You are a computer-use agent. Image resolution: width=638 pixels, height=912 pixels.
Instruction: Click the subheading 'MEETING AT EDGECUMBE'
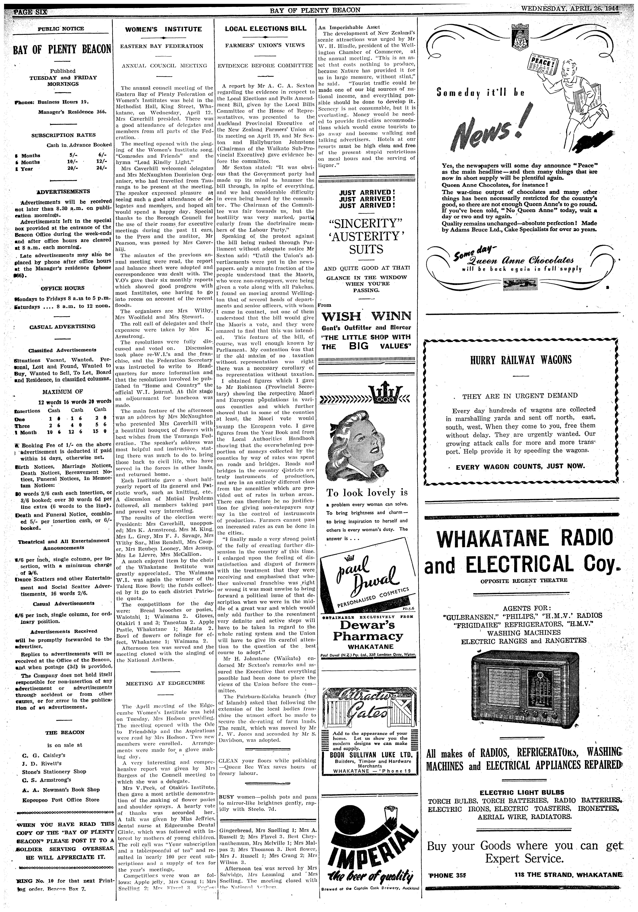pyautogui.click(x=165, y=683)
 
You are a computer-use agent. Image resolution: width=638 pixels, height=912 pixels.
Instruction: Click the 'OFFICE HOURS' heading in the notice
pyautogui.click(x=63, y=288)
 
